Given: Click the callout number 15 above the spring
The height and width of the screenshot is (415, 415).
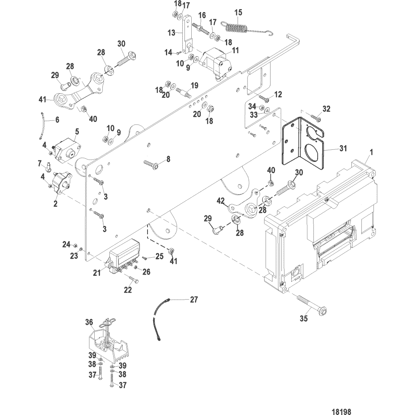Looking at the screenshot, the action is pyautogui.click(x=238, y=12).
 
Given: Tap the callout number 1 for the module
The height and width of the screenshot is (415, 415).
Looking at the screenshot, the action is pyautogui.click(x=371, y=152).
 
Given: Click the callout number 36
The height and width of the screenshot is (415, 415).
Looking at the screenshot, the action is pyautogui.click(x=89, y=322).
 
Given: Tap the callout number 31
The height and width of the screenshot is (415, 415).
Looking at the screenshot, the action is pyautogui.click(x=343, y=148).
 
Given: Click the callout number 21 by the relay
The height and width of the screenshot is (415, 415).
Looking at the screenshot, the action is pyautogui.click(x=97, y=273).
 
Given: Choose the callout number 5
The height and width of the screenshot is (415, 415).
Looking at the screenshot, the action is pyautogui.click(x=77, y=132).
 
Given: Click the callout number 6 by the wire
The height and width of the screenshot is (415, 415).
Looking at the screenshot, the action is pyautogui.click(x=57, y=120).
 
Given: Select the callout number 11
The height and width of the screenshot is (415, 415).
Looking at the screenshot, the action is pyautogui.click(x=235, y=50).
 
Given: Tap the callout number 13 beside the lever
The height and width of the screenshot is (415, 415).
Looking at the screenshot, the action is pyautogui.click(x=172, y=32).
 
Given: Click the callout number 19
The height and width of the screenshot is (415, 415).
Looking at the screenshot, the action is pyautogui.click(x=194, y=85).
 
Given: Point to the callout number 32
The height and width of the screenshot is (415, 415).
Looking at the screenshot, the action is pyautogui.click(x=326, y=109).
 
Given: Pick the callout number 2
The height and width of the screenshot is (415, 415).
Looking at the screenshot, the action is pyautogui.click(x=55, y=204).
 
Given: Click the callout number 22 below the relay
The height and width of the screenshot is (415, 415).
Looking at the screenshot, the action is pyautogui.click(x=128, y=290).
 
